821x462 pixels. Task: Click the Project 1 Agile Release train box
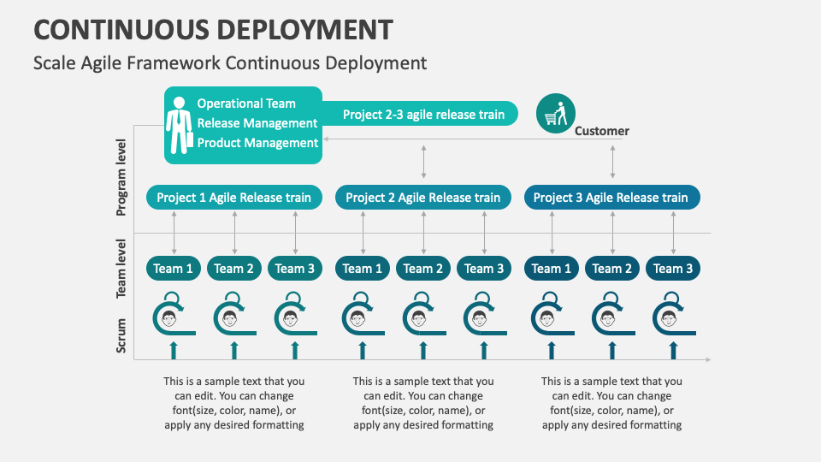pos(234,198)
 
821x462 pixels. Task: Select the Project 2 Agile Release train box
pos(423,198)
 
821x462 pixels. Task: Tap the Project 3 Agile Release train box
pos(611,198)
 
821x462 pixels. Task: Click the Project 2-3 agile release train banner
pos(423,114)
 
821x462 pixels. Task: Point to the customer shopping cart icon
pos(556,113)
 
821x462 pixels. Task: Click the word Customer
pos(601,131)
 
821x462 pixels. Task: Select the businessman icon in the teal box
pos(179,125)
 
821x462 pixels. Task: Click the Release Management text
pos(257,123)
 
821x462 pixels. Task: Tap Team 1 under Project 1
pos(174,269)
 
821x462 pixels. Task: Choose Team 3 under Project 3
pos(673,269)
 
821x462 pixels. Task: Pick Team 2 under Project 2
pos(423,269)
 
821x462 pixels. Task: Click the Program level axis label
pos(121,177)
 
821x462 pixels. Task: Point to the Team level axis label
pos(121,268)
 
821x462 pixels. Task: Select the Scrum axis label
pos(121,335)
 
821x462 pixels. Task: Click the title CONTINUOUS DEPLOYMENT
pos(213,29)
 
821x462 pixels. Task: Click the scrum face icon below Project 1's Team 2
pos(229,319)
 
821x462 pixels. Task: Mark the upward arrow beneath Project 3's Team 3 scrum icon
pos(673,349)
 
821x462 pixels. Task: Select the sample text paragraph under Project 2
pos(423,403)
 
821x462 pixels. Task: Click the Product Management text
pos(257,143)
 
